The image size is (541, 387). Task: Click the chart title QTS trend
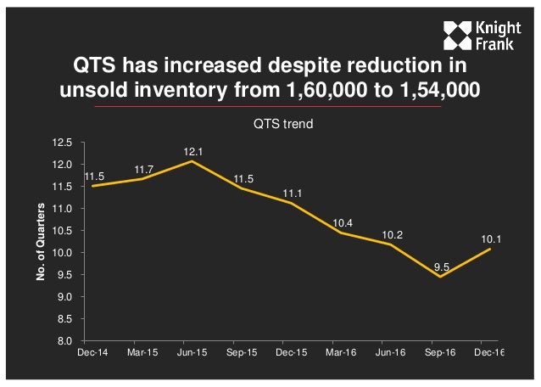(x=282, y=124)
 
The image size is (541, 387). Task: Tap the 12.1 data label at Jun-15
(x=193, y=151)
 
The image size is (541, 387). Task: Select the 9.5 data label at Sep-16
(x=441, y=267)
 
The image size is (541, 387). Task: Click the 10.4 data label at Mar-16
(x=342, y=222)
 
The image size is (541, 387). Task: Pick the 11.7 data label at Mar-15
(x=143, y=170)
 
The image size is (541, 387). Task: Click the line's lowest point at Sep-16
(x=441, y=276)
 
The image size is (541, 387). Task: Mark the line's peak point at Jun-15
(x=193, y=160)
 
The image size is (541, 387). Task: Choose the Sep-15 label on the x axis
(x=243, y=352)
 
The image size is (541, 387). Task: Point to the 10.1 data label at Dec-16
(x=491, y=240)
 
